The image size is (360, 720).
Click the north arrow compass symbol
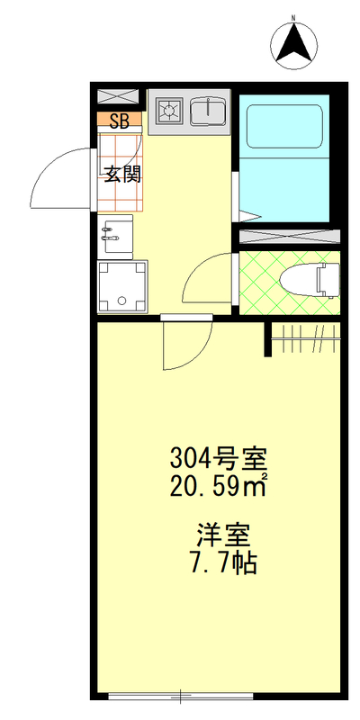(x=294, y=44)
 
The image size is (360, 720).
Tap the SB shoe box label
(x=118, y=119)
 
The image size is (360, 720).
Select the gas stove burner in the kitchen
(x=168, y=112)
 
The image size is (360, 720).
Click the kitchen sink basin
(x=207, y=112)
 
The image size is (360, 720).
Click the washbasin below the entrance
(x=115, y=234)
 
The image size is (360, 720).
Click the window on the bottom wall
(x=180, y=695)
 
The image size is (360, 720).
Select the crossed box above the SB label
(x=118, y=96)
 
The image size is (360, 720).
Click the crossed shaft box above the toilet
(x=288, y=238)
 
